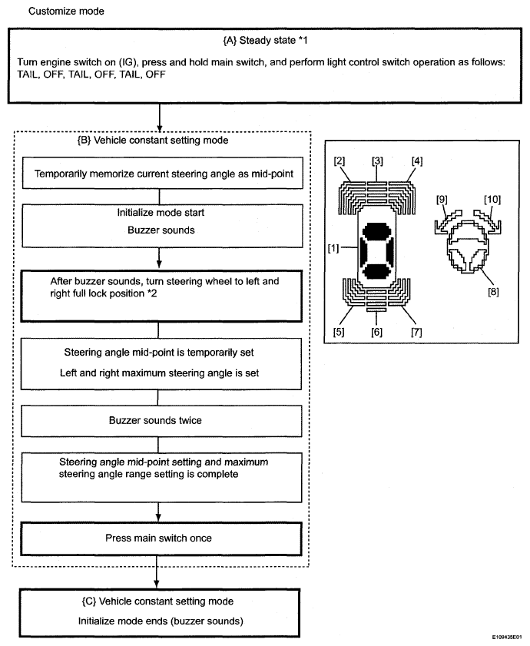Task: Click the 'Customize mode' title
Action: [x=66, y=12]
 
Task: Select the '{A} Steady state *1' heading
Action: [x=265, y=38]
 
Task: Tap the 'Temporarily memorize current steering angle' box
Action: [x=157, y=174]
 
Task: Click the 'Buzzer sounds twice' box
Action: [x=157, y=421]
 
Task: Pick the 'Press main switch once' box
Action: [x=157, y=538]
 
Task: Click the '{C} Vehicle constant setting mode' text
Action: [x=157, y=601]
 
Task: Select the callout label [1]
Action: [x=334, y=250]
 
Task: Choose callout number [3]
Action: [x=377, y=161]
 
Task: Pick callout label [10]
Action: [x=492, y=200]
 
